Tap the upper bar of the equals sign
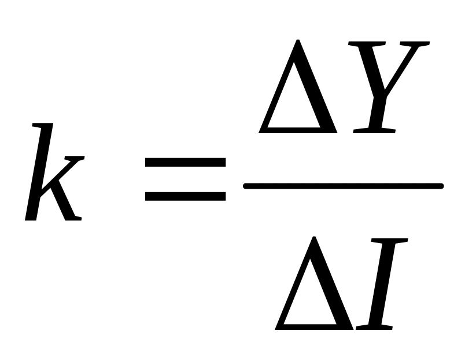pyautogui.click(x=185, y=163)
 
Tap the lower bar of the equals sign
pyautogui.click(x=185, y=197)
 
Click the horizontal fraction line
pyautogui.click(x=343, y=186)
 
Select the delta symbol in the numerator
pyautogui.click(x=298, y=93)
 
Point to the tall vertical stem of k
pyautogui.click(x=38, y=174)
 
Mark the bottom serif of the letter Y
pyautogui.click(x=374, y=131)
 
